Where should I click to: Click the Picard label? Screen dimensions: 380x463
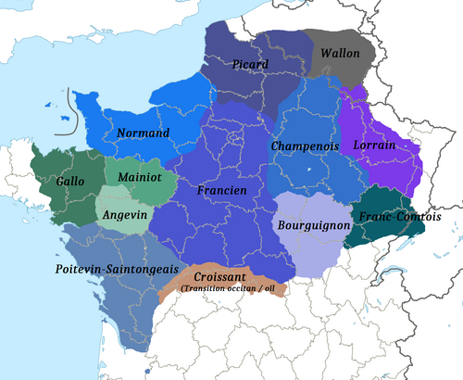[x=251, y=65]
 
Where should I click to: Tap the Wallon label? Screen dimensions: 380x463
[x=339, y=55]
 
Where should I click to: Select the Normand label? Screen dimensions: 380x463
[x=144, y=133]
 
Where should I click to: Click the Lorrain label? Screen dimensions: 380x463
[x=374, y=146]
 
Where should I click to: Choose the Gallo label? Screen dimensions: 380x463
[x=70, y=182]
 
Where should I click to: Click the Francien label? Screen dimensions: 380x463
[x=221, y=190]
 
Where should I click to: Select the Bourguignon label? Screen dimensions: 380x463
[x=314, y=225]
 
